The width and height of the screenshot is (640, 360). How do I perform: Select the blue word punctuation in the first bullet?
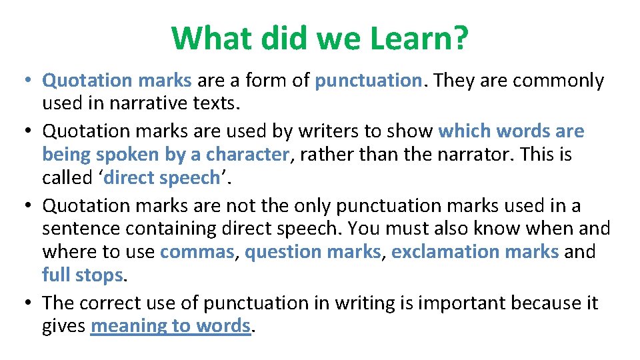coord(369,81)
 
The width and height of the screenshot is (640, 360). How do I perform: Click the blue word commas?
coord(198,252)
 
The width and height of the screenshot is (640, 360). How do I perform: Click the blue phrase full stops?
coord(82,275)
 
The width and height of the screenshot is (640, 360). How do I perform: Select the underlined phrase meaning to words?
coord(170,326)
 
